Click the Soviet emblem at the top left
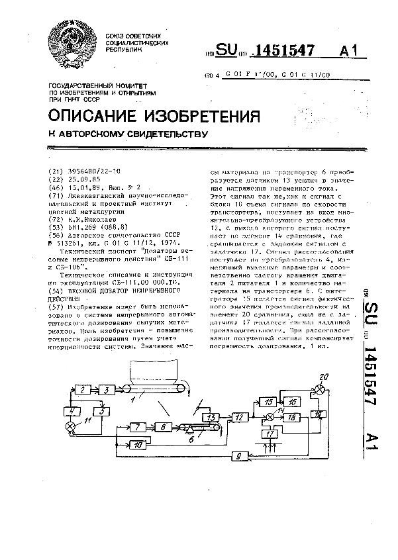pos(71,44)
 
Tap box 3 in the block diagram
pos(106,392)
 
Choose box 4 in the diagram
pos(70,411)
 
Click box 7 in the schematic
pos(137,428)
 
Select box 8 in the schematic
pos(162,428)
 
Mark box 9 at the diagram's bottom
pos(239,456)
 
